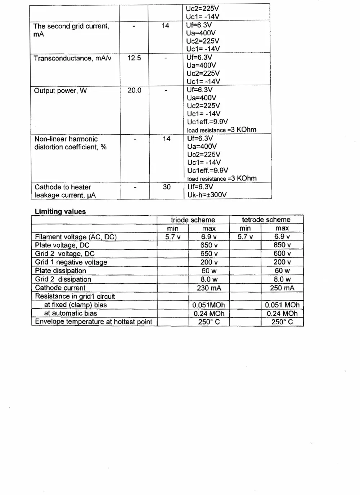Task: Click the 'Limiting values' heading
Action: click(60, 212)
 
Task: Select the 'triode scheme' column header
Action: click(193, 220)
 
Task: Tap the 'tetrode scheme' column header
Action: click(266, 220)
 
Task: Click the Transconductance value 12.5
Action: click(134, 58)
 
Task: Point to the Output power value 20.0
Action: click(134, 90)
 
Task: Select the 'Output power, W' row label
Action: click(60, 91)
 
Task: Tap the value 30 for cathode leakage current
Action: click(167, 187)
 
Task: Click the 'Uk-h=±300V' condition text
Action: click(207, 195)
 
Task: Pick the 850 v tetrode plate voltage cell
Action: click(282, 245)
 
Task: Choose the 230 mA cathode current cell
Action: click(209, 288)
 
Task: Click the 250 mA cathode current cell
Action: click(282, 288)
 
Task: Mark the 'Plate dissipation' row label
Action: click(60, 271)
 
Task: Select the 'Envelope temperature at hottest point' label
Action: click(94, 322)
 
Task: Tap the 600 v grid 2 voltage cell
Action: click(282, 253)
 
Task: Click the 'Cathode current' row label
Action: click(60, 288)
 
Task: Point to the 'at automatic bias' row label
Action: click(71, 313)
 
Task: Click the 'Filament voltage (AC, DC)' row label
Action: click(76, 237)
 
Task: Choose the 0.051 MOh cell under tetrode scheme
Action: click(282, 305)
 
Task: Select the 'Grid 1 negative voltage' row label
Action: click(71, 262)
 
